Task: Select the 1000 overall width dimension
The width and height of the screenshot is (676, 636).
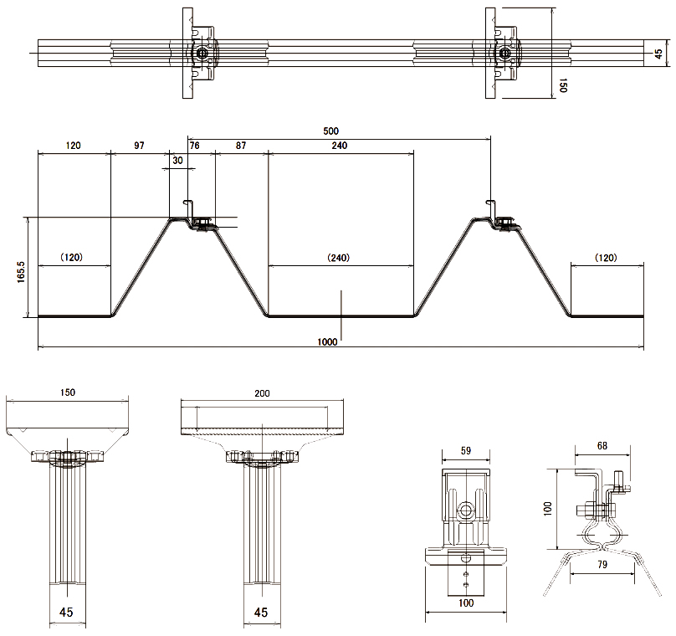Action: (x=327, y=341)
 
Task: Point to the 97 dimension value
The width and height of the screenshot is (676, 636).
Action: (x=139, y=146)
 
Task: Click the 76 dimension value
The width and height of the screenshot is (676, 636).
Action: (x=195, y=146)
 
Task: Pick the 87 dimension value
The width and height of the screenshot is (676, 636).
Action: (x=241, y=146)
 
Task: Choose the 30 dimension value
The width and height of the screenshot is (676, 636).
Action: (x=177, y=160)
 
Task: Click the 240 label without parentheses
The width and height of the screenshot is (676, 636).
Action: (x=339, y=146)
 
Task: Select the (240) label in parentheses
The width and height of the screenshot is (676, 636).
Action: (x=339, y=258)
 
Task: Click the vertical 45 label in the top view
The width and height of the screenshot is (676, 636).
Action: (x=658, y=54)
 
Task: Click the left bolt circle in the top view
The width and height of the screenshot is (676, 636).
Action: (x=202, y=54)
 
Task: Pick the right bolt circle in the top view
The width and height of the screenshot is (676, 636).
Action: (x=504, y=54)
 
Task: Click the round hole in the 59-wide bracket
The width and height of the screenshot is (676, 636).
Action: (x=465, y=509)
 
